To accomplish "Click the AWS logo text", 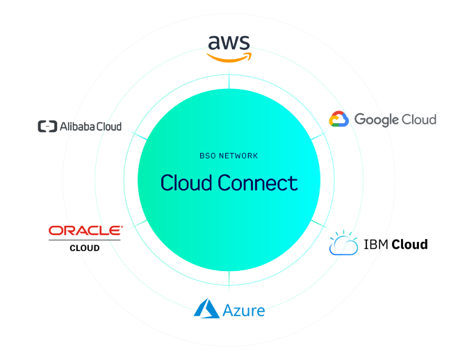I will [x=229, y=44].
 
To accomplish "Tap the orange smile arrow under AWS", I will [x=229, y=59].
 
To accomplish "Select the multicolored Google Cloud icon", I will [x=338, y=120].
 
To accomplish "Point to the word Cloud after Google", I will [x=420, y=120].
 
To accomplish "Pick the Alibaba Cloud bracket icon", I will [x=47, y=126].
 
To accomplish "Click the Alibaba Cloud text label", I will [x=90, y=126].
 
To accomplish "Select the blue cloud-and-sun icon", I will [x=343, y=243].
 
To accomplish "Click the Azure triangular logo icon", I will [x=206, y=308].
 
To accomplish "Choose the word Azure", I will [x=243, y=310].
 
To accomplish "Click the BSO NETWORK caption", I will [x=229, y=156].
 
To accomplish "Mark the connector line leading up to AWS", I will [x=229, y=82].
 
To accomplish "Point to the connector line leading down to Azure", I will [x=229, y=281].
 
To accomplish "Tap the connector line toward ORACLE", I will [x=138, y=224].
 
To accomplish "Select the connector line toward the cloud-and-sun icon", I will [x=319, y=226].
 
